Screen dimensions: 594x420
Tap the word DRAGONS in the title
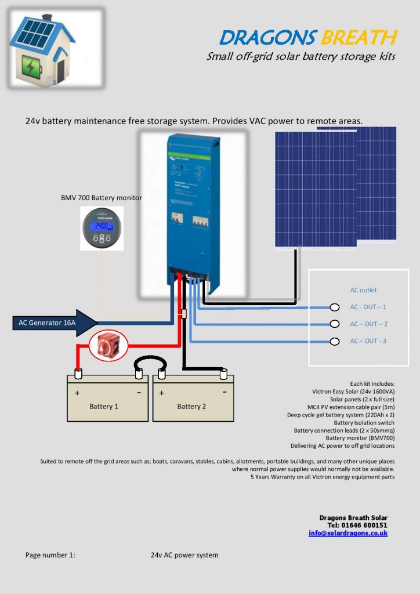click(267, 38)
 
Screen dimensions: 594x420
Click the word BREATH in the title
click(359, 38)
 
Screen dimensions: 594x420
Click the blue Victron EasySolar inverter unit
click(192, 209)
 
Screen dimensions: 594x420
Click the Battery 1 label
click(104, 406)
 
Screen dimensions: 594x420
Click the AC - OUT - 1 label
click(368, 307)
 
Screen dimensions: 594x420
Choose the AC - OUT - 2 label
click(368, 324)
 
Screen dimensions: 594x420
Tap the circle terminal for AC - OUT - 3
click(334, 341)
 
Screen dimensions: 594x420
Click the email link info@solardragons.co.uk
click(348, 533)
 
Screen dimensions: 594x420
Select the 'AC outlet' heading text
click(363, 290)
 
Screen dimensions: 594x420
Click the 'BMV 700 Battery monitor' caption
click(102, 198)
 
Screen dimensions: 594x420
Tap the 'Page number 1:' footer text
click(50, 555)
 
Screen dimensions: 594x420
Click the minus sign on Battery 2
click(224, 393)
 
